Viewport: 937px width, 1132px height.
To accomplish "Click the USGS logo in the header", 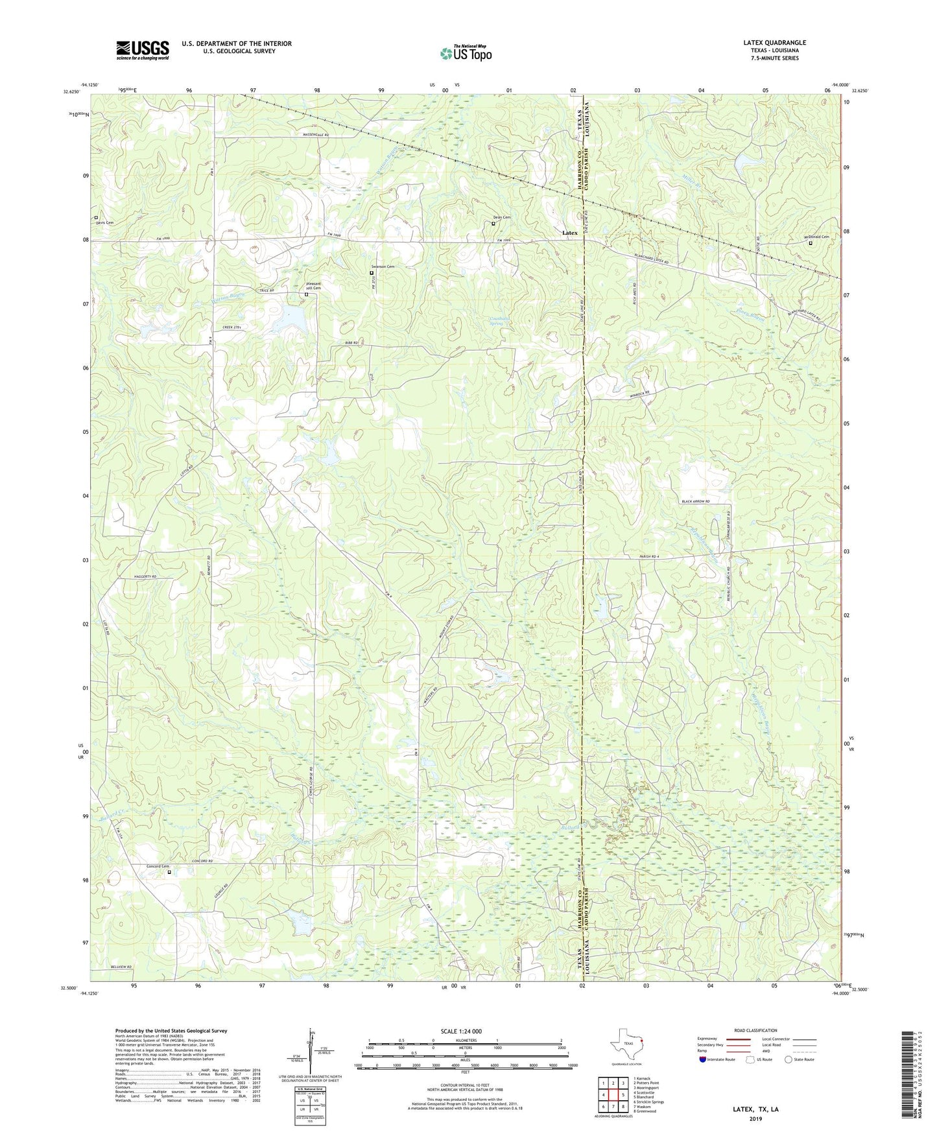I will (143, 50).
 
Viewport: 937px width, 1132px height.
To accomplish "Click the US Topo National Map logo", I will (466, 53).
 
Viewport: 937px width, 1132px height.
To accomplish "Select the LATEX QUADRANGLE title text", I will (774, 43).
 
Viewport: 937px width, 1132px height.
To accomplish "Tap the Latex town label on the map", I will (569, 233).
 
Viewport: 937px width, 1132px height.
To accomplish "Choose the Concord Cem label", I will (158, 866).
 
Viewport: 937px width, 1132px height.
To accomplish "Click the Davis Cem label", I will (104, 222).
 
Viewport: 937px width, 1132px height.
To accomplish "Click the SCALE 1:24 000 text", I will (461, 1031).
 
